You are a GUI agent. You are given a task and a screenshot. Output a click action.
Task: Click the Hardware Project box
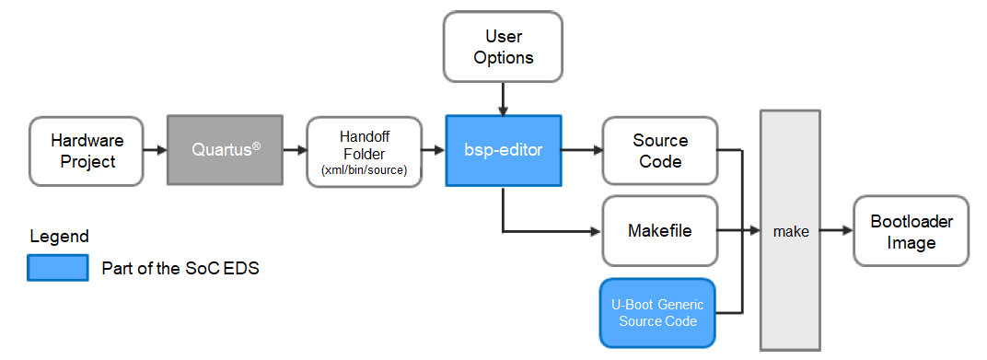(86, 150)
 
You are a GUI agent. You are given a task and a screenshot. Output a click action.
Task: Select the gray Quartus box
(225, 149)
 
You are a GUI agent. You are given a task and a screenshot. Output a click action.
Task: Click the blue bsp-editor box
(503, 149)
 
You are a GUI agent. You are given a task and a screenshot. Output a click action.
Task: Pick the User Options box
(503, 46)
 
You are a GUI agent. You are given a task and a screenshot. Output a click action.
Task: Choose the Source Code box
(659, 150)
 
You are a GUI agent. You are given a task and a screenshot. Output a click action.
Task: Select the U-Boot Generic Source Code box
(657, 312)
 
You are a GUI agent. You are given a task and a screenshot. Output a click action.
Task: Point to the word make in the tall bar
(790, 231)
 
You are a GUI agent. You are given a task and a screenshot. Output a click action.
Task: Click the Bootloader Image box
(911, 231)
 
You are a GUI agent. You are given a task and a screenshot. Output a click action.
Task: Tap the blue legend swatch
(58, 268)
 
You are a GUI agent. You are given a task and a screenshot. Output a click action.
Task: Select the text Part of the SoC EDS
(180, 269)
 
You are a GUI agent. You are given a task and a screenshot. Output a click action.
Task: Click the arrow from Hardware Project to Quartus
(155, 149)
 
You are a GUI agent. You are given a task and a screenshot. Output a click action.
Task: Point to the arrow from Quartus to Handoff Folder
(294, 149)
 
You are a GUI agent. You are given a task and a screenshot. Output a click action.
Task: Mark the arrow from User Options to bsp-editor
(503, 98)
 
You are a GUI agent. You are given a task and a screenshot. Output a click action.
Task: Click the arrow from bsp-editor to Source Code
(581, 149)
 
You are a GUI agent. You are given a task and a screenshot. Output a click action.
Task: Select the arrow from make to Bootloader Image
(836, 231)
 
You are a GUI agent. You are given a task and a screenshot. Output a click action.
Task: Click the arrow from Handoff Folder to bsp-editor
(432, 149)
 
